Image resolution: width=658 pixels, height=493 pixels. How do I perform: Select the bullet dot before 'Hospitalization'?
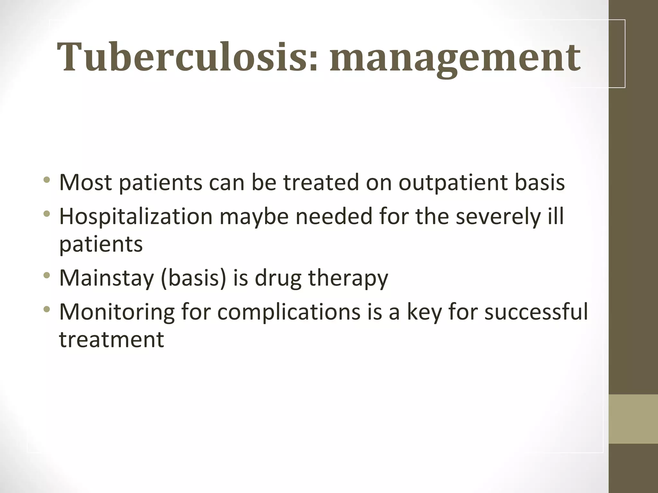click(47, 213)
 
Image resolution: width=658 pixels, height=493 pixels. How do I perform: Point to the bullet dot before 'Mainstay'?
click(47, 275)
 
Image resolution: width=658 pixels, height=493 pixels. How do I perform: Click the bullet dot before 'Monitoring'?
click(47, 309)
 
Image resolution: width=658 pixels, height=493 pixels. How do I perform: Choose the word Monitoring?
click(117, 312)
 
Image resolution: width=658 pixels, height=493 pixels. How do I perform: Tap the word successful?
click(536, 312)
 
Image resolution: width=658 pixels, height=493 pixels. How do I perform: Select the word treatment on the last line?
click(111, 340)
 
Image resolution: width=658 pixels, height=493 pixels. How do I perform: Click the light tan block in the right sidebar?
click(633, 419)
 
